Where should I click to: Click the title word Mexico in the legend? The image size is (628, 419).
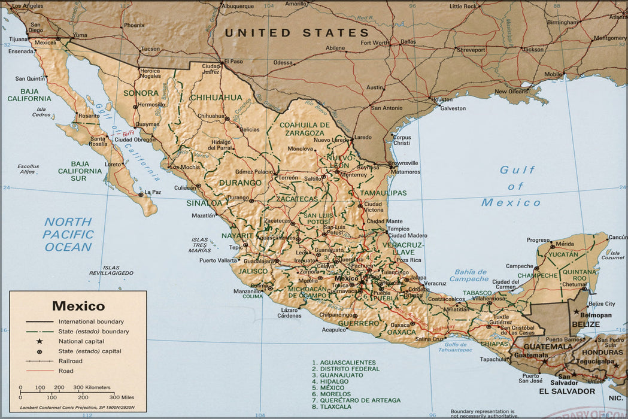pyautogui.click(x=78, y=306)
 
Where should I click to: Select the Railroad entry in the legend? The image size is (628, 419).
pyautogui.click(x=70, y=361)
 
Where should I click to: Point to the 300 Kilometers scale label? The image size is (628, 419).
pyautogui.click(x=92, y=388)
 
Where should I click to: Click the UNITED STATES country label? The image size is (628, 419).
pyautogui.click(x=296, y=33)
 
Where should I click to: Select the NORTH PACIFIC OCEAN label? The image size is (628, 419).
pyautogui.click(x=68, y=234)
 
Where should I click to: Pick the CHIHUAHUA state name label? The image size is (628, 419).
pyautogui.click(x=216, y=98)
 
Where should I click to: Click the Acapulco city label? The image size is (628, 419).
pyautogui.click(x=334, y=330)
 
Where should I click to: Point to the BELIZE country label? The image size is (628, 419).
pyautogui.click(x=585, y=324)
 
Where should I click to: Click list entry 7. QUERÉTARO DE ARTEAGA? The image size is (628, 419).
pyautogui.click(x=356, y=400)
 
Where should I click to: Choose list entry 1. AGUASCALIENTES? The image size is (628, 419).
pyautogui.click(x=347, y=363)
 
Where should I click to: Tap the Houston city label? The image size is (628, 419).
pyautogui.click(x=442, y=99)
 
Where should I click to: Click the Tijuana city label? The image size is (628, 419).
pyautogui.click(x=19, y=39)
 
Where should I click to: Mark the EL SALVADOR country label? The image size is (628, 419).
pyautogui.click(x=566, y=391)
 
